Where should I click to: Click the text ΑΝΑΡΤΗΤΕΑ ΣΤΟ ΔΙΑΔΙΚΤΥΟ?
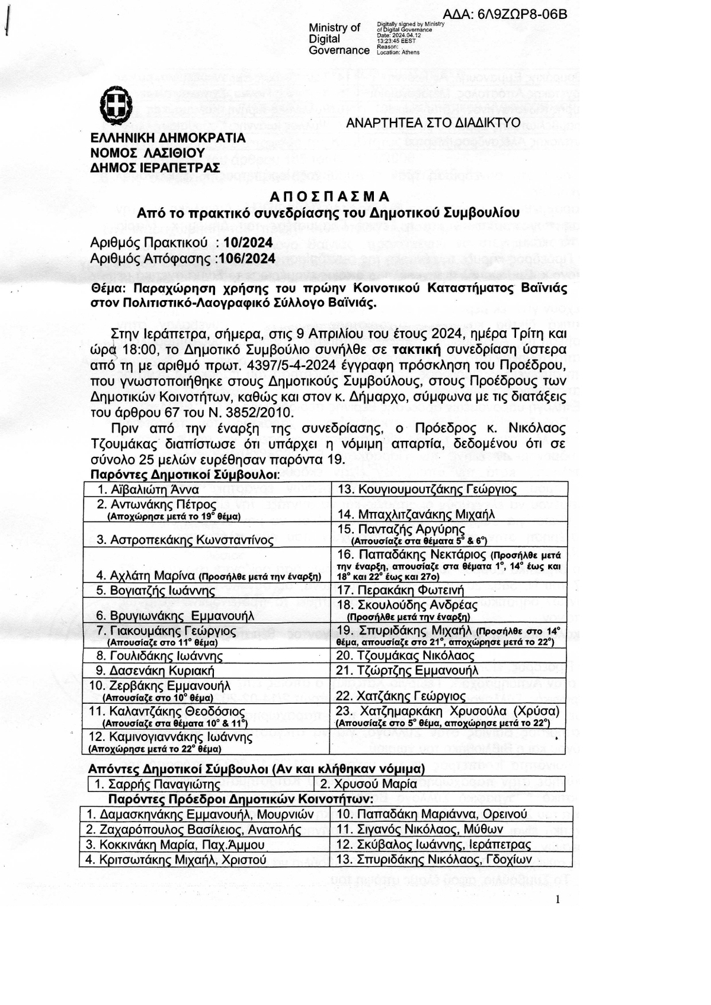click(x=433, y=123)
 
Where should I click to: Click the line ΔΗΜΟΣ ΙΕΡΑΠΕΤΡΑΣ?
click(x=155, y=167)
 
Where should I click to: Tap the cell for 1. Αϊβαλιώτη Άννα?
click(x=148, y=489)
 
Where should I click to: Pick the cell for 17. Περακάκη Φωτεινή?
click(x=401, y=590)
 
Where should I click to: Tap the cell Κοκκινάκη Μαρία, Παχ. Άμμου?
click(x=174, y=845)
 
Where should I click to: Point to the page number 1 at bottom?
click(x=558, y=900)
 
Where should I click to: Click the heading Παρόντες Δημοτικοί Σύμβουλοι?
click(x=184, y=475)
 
